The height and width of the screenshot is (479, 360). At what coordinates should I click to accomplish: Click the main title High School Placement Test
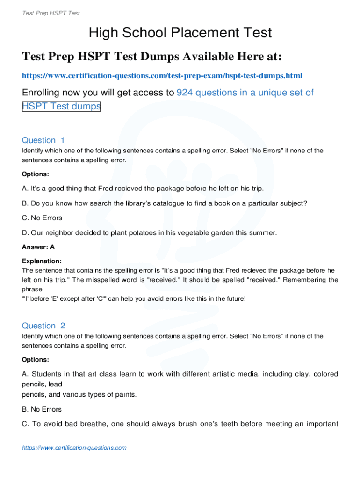pos(180,33)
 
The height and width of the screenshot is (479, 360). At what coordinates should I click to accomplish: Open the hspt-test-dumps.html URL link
pos(162,75)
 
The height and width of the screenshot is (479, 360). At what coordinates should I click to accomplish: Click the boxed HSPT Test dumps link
pos(61,106)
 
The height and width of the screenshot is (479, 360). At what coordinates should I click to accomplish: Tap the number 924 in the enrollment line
pos(185,93)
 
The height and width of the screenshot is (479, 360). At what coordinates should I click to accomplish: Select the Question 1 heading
pos(43,140)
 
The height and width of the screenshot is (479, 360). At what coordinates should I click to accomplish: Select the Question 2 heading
pos(43,326)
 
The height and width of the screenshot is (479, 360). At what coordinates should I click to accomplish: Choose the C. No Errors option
pos(42,218)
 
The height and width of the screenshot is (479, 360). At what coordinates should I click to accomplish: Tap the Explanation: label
pos(42,261)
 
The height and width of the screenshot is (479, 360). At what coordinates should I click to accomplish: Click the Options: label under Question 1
pos(36,174)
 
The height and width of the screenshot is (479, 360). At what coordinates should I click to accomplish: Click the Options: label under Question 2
pos(36,360)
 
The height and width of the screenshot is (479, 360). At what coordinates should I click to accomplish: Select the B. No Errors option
pos(42,409)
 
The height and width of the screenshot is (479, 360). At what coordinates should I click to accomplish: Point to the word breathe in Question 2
pos(96,424)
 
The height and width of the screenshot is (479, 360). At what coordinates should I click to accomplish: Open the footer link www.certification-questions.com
pos(74,448)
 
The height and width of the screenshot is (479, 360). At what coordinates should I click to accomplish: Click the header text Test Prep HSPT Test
pos(51,13)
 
